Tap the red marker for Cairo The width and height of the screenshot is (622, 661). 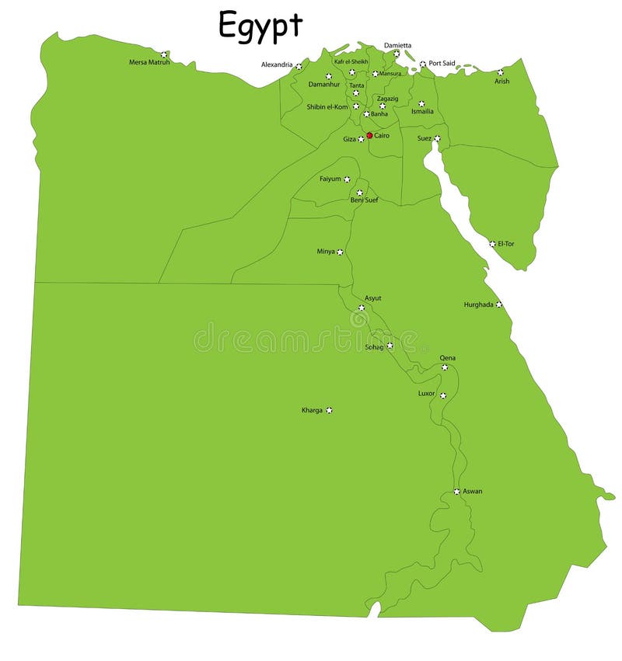369,135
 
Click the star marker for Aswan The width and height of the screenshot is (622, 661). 456,491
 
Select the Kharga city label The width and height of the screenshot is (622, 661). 312,410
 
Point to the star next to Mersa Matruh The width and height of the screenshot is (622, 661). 163,54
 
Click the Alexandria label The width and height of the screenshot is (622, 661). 277,64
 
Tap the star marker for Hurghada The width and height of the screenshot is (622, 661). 499,304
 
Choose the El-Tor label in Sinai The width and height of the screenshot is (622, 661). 506,244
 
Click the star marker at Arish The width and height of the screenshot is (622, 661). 501,72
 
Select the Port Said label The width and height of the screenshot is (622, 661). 442,64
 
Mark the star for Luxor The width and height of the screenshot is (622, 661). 443,395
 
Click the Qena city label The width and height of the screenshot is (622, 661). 448,358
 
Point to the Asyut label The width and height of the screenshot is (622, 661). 373,298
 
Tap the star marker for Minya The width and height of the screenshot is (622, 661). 340,252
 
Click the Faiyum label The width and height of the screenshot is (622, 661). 330,179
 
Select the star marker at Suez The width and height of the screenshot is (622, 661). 437,138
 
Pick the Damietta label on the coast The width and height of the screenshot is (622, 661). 398,45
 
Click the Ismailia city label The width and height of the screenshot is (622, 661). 422,112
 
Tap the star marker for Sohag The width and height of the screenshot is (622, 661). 390,346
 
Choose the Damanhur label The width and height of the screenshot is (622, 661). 324,84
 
